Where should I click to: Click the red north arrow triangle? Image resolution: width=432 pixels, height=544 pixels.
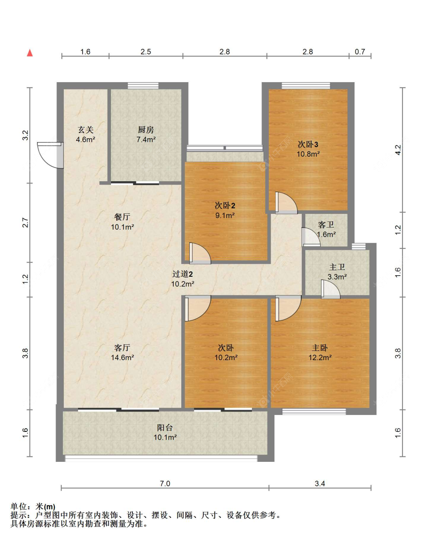pyautogui.click(x=30, y=53)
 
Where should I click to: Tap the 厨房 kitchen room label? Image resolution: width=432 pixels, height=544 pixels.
pyautogui.click(x=146, y=130)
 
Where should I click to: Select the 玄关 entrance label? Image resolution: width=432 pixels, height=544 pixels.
pyautogui.click(x=85, y=130)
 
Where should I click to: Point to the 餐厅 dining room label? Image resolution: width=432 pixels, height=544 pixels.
pyautogui.click(x=122, y=217)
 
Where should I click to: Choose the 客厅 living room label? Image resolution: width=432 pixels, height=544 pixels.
pyautogui.click(x=122, y=348)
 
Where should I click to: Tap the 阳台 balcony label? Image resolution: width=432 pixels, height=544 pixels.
pyautogui.click(x=165, y=427)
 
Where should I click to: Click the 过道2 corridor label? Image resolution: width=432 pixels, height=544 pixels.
pyautogui.click(x=182, y=274)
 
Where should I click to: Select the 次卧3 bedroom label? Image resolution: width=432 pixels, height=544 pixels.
pyautogui.click(x=308, y=144)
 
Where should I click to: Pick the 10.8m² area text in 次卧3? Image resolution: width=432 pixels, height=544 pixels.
pyautogui.click(x=308, y=154)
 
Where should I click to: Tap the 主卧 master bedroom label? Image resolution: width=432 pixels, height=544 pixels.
pyautogui.click(x=319, y=348)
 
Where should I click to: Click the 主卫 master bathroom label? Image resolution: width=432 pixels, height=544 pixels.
pyautogui.click(x=337, y=267)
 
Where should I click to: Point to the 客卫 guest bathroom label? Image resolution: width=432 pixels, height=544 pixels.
pyautogui.click(x=326, y=225)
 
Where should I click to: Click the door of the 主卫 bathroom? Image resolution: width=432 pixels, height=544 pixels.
pyautogui.click(x=330, y=289)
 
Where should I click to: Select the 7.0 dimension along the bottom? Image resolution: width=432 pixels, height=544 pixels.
pyautogui.click(x=165, y=483)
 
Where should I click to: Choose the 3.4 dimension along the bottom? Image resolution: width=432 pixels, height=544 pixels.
pyautogui.click(x=319, y=483)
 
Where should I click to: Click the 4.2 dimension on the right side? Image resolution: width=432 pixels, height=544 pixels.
pyautogui.click(x=398, y=149)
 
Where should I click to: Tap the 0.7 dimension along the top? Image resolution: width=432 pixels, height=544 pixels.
pyautogui.click(x=360, y=51)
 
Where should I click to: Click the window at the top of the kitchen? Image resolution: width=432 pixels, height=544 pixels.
pyautogui.click(x=143, y=86)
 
